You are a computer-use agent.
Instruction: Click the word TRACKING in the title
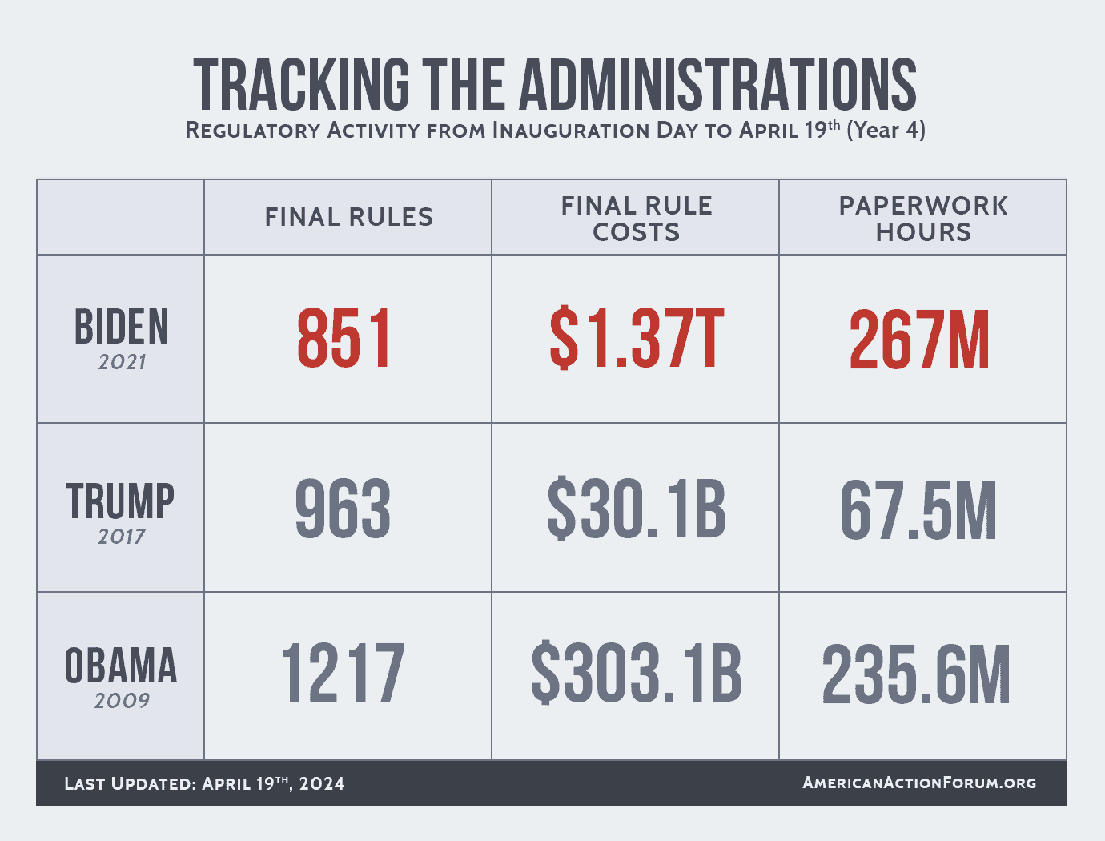click(x=301, y=84)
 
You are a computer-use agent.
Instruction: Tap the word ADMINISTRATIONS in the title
click(x=718, y=84)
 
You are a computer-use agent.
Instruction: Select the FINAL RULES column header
click(x=348, y=217)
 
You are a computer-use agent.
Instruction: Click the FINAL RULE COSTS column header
click(x=636, y=219)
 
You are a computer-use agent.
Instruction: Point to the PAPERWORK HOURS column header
click(x=922, y=219)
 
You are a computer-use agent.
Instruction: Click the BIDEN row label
click(x=121, y=327)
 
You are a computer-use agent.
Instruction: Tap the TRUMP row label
click(x=120, y=501)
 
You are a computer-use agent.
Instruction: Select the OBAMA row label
click(x=121, y=666)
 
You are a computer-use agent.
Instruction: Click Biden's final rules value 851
click(x=344, y=340)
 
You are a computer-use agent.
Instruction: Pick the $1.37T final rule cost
click(x=637, y=340)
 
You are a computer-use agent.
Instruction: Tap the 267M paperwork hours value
click(x=919, y=340)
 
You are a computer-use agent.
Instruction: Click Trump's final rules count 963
click(x=343, y=509)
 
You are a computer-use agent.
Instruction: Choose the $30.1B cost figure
click(x=637, y=509)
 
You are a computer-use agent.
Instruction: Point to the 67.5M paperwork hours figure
click(x=918, y=511)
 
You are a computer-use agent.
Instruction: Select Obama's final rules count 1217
click(x=343, y=674)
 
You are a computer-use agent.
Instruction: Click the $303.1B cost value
click(x=637, y=674)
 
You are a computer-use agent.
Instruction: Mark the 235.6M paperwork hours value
click(x=916, y=675)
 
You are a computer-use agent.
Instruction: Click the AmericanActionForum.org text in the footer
click(x=919, y=783)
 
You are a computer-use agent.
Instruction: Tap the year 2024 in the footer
click(x=322, y=783)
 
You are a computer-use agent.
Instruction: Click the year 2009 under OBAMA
click(x=122, y=701)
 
